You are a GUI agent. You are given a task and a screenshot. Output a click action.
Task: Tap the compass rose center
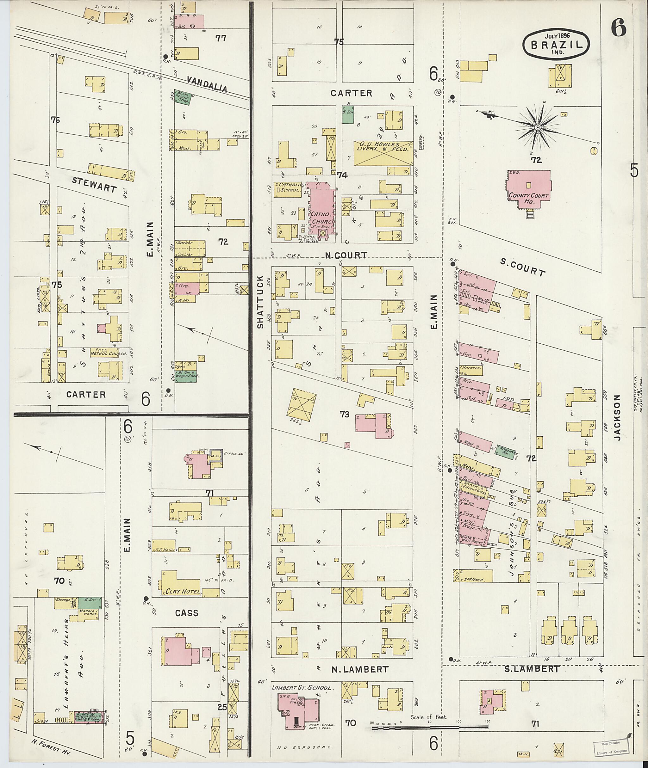(x=537, y=127)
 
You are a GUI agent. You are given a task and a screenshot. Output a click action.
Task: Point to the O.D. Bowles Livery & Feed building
(x=383, y=153)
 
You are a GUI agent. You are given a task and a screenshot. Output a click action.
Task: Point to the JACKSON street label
(x=617, y=418)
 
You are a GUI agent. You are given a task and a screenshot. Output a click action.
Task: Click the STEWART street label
(x=94, y=185)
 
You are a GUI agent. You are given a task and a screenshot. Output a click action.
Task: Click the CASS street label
(x=187, y=613)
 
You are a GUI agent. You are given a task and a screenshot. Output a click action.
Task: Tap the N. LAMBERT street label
(x=360, y=669)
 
